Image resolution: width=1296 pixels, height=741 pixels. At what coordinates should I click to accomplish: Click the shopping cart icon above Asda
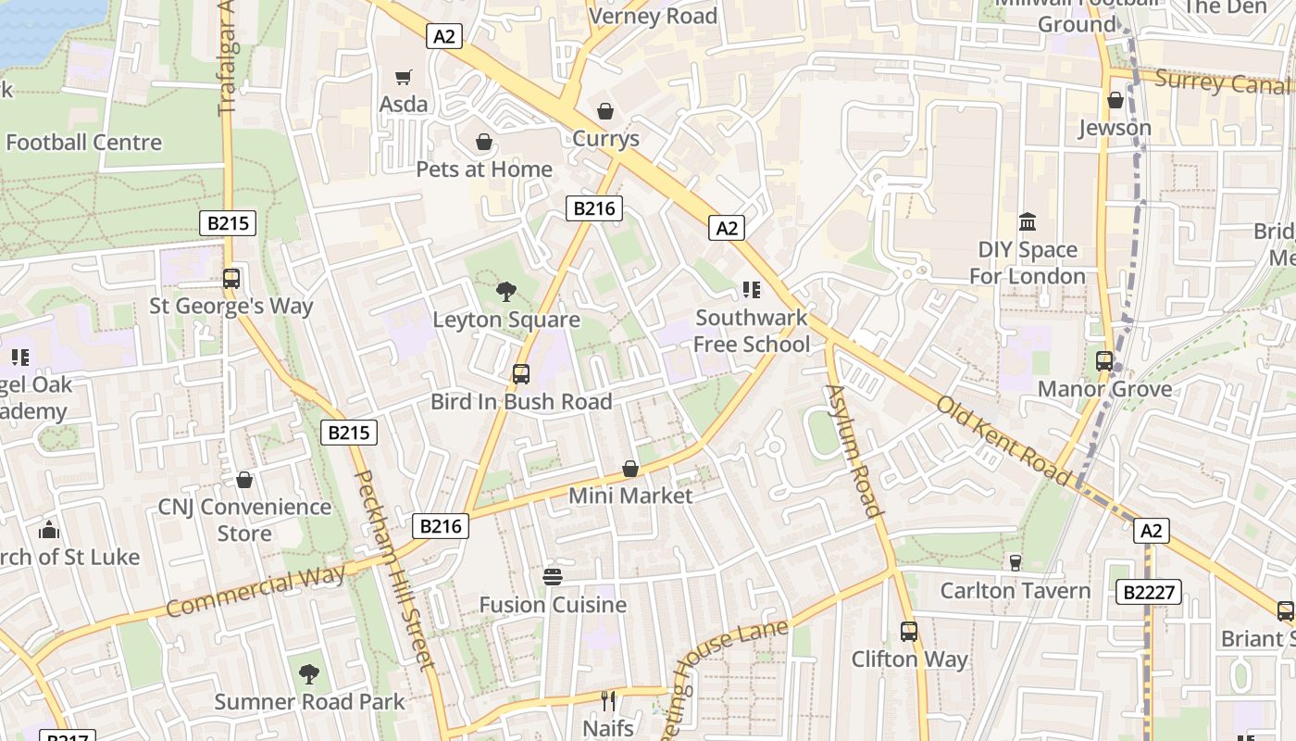click(x=403, y=77)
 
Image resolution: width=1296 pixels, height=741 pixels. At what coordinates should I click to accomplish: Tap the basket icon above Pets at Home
click(x=483, y=142)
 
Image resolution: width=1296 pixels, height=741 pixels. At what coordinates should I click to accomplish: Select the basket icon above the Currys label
click(x=605, y=112)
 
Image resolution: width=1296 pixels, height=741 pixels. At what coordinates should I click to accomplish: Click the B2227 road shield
click(x=1148, y=592)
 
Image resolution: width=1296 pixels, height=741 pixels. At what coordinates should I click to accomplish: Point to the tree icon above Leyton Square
click(x=506, y=292)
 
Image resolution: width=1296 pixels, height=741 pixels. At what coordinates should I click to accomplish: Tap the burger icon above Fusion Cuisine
click(x=553, y=577)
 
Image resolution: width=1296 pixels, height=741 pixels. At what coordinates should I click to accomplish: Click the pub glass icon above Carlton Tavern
click(x=1015, y=562)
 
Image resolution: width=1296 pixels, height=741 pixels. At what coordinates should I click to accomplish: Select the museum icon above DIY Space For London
click(x=1028, y=222)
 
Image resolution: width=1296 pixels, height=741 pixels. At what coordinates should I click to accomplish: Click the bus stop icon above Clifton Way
click(x=909, y=632)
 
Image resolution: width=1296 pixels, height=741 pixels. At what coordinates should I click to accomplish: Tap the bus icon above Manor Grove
click(x=1104, y=361)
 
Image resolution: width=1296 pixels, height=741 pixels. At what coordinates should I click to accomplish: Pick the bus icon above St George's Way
click(x=231, y=278)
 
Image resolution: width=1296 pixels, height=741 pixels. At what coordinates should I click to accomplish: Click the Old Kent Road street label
click(x=1003, y=439)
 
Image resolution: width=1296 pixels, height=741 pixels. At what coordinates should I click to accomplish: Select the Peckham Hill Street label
click(x=394, y=570)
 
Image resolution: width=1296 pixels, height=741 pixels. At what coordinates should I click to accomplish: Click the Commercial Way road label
click(x=256, y=591)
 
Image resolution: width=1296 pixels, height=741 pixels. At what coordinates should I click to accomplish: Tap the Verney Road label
click(x=653, y=16)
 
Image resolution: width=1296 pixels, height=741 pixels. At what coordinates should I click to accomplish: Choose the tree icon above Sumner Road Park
click(x=309, y=673)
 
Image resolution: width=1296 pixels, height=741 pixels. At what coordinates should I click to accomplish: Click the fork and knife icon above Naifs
click(x=608, y=700)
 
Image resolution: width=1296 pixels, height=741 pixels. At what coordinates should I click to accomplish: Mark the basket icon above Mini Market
click(x=630, y=469)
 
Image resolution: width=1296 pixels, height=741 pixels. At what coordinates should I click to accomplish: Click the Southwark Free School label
click(x=752, y=331)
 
